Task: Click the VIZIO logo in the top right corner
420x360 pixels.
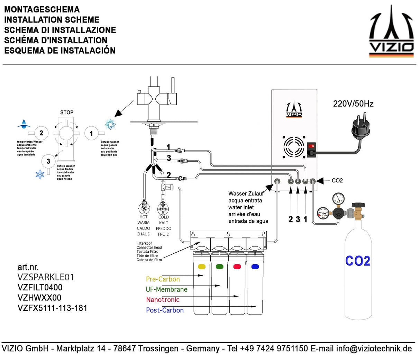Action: click(x=391, y=32)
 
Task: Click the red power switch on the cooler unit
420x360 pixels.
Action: click(x=311, y=146)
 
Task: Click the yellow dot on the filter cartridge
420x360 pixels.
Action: click(x=201, y=267)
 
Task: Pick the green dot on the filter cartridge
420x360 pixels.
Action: click(x=219, y=267)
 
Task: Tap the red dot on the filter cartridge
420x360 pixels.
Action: click(x=237, y=267)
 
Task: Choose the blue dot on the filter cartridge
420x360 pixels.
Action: click(x=255, y=267)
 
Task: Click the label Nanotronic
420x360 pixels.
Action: click(x=163, y=300)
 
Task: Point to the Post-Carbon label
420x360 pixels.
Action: click(x=165, y=310)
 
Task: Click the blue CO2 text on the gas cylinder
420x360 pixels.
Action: click(x=358, y=261)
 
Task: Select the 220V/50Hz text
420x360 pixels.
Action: click(x=353, y=104)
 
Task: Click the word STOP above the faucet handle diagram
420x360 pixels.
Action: click(x=67, y=112)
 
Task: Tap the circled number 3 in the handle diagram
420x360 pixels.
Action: click(x=48, y=161)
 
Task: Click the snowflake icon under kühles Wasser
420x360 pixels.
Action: click(x=40, y=174)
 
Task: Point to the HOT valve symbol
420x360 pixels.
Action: click(x=143, y=209)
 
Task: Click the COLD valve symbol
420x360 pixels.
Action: click(x=163, y=209)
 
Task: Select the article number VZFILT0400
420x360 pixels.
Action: click(x=40, y=287)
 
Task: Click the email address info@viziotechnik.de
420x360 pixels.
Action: click(x=374, y=349)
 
